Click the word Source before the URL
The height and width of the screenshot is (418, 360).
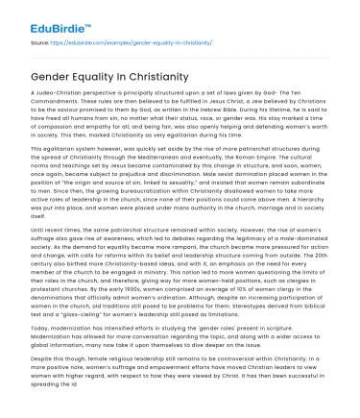[38, 44]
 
